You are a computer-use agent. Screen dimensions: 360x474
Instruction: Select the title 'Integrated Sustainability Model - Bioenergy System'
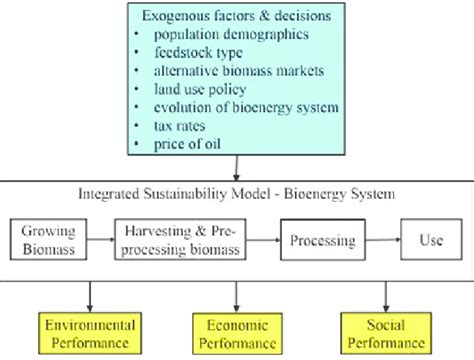click(x=237, y=193)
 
